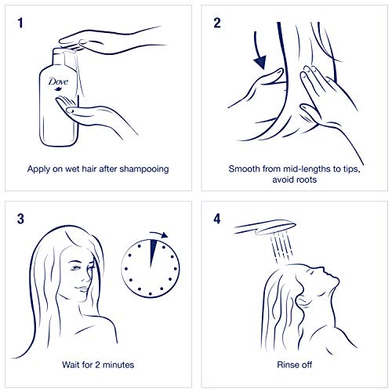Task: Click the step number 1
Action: point(20,23)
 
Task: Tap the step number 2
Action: point(217,23)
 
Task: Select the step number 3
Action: point(20,219)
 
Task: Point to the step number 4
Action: point(217,219)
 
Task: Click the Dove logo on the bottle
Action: point(58,83)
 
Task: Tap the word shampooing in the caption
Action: point(144,169)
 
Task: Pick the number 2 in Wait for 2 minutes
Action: point(97,365)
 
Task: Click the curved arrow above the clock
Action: point(159,234)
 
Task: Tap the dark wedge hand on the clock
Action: point(152,253)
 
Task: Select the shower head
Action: point(264,227)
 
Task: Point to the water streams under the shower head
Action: point(281,247)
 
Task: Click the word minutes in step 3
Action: point(118,365)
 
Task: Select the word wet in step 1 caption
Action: point(72,169)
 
